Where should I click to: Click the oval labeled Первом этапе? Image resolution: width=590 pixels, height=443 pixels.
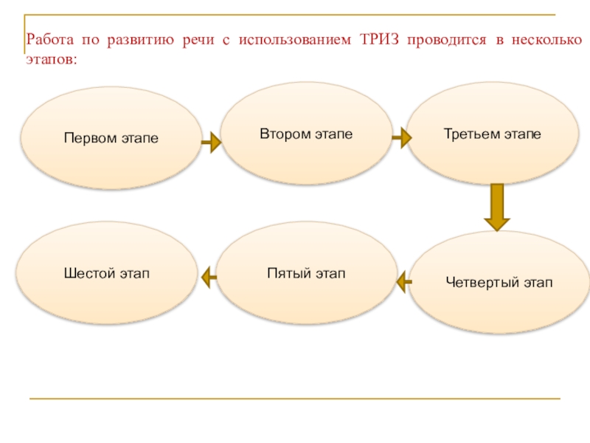(111, 139)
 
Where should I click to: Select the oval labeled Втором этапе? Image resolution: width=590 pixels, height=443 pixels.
(305, 134)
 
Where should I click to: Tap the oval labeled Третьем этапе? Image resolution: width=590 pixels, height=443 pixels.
(493, 134)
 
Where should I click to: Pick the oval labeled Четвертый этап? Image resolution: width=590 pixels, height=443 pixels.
(499, 282)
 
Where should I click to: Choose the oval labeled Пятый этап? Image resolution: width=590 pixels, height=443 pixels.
(306, 274)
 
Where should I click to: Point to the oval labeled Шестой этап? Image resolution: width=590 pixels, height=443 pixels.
(107, 274)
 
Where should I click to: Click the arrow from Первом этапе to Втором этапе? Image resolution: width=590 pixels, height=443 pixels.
(211, 142)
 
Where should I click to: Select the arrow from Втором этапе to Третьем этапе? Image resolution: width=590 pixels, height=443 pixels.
(400, 137)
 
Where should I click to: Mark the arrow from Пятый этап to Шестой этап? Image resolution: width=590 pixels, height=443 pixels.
(209, 277)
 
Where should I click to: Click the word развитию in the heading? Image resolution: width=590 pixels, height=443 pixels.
(139, 40)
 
